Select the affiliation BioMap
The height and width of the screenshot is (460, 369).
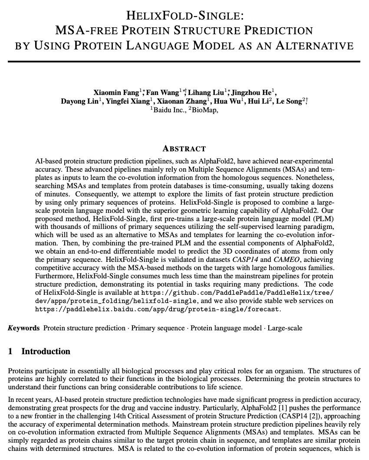204,110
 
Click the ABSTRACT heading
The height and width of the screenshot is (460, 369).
184,149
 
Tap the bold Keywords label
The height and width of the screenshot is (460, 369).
24,328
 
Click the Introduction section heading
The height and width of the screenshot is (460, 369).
46,352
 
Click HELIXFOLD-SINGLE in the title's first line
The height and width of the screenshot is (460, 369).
184,16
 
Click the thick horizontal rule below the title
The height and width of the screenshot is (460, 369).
184,62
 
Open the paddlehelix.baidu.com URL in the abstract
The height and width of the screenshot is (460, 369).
157,309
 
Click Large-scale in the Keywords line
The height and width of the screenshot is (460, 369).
285,328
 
